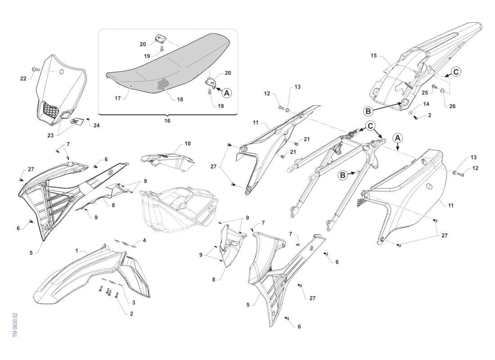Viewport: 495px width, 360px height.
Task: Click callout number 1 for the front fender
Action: pyautogui.click(x=77, y=250)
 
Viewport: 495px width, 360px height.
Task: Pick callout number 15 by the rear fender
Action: pyautogui.click(x=373, y=56)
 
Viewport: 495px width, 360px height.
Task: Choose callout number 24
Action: pyautogui.click(x=97, y=126)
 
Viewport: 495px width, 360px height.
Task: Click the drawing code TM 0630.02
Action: pyautogui.click(x=15, y=325)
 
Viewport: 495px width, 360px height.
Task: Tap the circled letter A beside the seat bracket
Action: pyautogui.click(x=226, y=93)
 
